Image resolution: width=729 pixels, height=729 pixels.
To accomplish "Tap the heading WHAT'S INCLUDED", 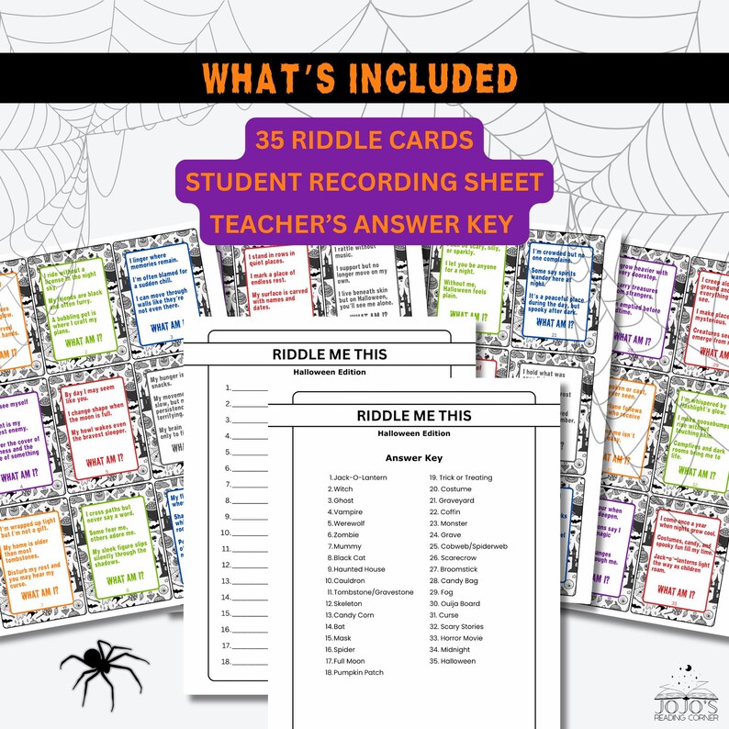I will pyautogui.click(x=364, y=78).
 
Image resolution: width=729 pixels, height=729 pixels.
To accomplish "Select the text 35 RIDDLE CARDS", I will pyautogui.click(x=364, y=141).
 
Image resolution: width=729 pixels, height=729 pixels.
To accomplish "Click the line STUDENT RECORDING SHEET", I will pyautogui.click(x=364, y=180).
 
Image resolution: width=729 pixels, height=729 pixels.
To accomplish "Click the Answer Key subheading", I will pyautogui.click(x=416, y=456).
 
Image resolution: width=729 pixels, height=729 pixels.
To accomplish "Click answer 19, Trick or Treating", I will pyautogui.click(x=460, y=478).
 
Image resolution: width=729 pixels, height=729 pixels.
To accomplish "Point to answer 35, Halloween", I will pyautogui.click(x=452, y=661).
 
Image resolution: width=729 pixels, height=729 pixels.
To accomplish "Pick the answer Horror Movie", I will pyautogui.click(x=455, y=638).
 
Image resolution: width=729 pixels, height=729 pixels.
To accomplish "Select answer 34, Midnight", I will pyautogui.click(x=449, y=650).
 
